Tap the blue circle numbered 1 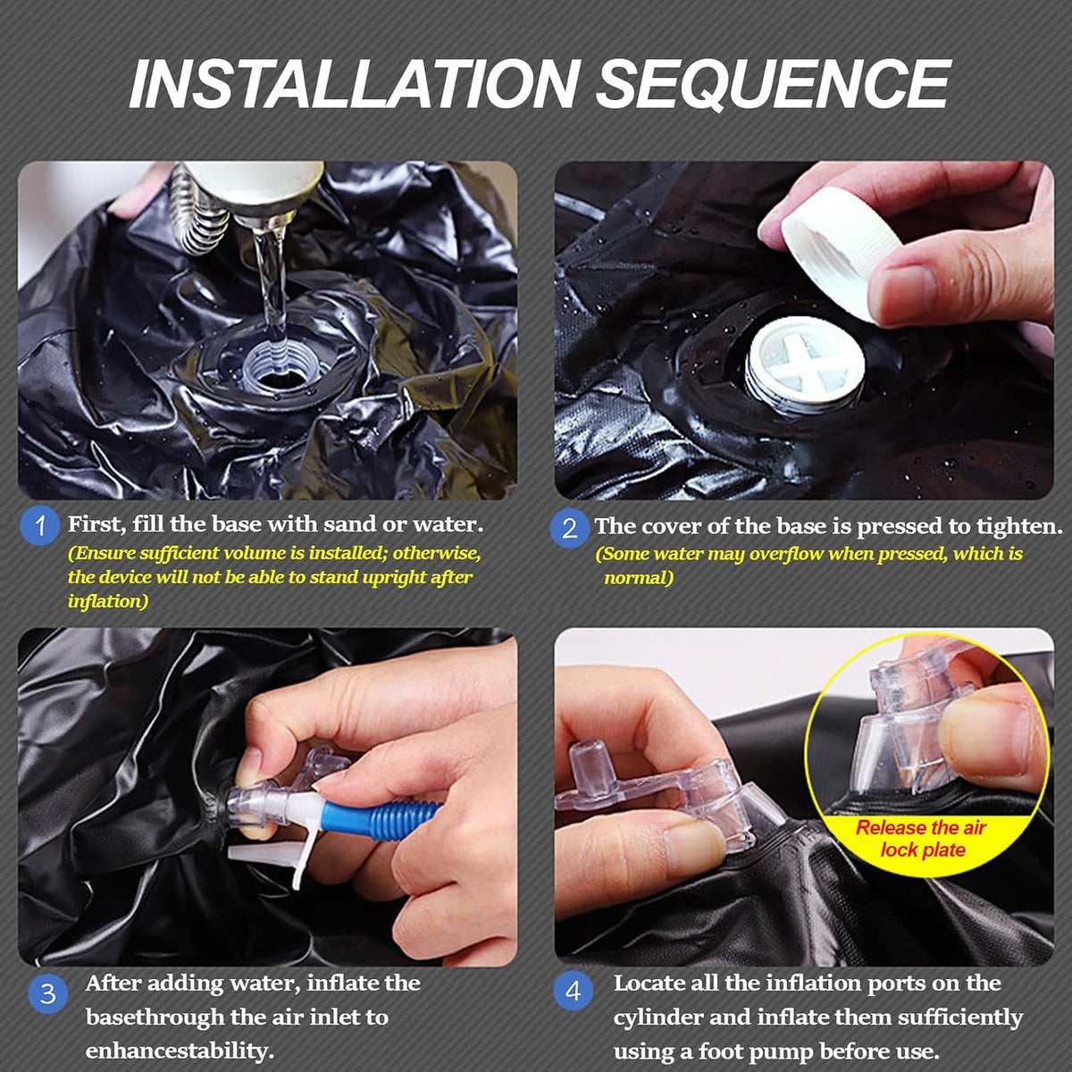pyautogui.click(x=39, y=525)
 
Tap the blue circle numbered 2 pyautogui.click(x=569, y=528)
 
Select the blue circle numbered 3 pyautogui.click(x=48, y=993)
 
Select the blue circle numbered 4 pyautogui.click(x=574, y=991)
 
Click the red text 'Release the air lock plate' pyautogui.click(x=921, y=838)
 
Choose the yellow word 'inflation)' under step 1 pyautogui.click(x=108, y=601)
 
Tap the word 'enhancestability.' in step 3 pyautogui.click(x=180, y=1051)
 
